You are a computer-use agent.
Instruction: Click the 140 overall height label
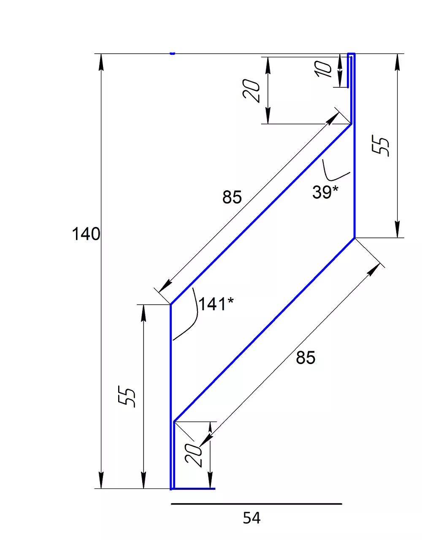86,234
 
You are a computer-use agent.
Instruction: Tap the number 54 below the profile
252,518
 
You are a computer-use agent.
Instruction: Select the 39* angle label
325,192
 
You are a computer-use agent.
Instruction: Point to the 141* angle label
216,304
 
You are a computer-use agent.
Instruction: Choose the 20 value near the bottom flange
194,455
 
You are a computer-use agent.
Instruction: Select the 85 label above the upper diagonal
232,197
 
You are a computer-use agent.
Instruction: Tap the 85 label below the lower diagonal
306,358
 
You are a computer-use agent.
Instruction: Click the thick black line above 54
256,504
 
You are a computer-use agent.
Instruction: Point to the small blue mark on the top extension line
172,54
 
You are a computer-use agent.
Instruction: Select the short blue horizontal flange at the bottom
194,489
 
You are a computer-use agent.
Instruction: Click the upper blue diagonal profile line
260,214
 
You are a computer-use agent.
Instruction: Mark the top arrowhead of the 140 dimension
101,61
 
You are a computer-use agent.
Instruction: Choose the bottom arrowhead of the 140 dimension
101,481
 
